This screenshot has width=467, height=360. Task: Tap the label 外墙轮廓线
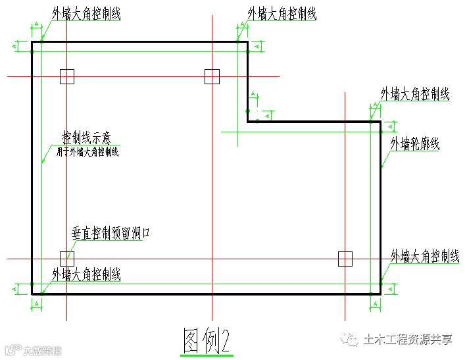pyautogui.click(x=415, y=143)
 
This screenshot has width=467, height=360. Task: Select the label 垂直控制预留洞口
pyautogui.click(x=111, y=234)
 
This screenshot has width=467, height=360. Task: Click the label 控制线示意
pyautogui.click(x=86, y=138)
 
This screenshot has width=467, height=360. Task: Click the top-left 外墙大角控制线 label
pyautogui.click(x=86, y=14)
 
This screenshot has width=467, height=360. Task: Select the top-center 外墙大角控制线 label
pyautogui.click(x=282, y=14)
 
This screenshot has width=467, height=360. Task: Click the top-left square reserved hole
pyautogui.click(x=66, y=77)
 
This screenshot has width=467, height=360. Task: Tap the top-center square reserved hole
pyautogui.click(x=211, y=77)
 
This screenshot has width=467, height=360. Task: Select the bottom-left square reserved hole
pyautogui.click(x=66, y=259)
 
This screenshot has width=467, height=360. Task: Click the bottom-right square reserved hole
pyautogui.click(x=345, y=259)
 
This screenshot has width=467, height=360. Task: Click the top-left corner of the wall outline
pyautogui.click(x=32, y=42)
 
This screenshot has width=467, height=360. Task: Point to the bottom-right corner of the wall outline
pyautogui.click(x=381, y=294)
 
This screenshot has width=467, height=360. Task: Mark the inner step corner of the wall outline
pyautogui.click(x=248, y=122)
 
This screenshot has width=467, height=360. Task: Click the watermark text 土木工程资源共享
pyautogui.click(x=408, y=340)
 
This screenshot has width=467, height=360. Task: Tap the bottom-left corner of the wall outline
pyautogui.click(x=32, y=294)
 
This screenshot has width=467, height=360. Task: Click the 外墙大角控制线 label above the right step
pyautogui.click(x=414, y=94)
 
